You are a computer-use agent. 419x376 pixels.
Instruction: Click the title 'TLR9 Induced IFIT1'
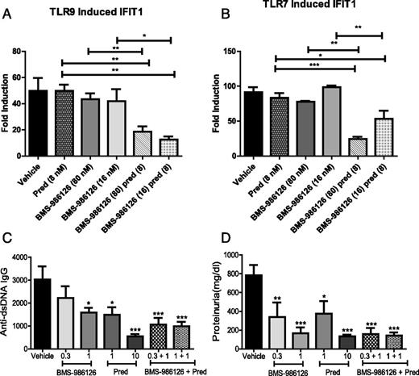coord(106,7)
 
